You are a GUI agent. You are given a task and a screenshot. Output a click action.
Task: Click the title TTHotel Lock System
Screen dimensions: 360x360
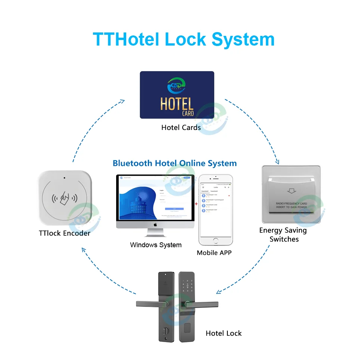183,39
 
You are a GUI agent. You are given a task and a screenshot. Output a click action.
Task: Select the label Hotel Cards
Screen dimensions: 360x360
181,128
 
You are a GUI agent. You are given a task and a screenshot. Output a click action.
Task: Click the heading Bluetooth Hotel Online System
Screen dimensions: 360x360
174,163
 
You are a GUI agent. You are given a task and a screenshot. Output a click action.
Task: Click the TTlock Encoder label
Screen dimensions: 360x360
64,233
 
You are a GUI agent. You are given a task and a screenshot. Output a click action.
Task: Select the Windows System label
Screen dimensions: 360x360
156,245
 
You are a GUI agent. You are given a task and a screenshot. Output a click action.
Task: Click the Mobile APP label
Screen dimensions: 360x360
214,253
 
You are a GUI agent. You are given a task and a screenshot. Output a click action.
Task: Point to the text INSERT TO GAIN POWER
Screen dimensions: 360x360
291,207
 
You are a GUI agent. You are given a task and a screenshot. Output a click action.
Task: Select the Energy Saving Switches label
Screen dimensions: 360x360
283,235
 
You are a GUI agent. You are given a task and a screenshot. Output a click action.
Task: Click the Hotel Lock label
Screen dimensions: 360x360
224,333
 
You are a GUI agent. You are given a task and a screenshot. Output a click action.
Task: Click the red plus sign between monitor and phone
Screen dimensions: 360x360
197,204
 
